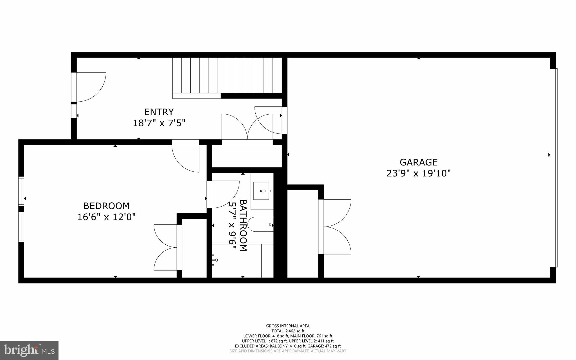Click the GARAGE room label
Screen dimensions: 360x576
pos(418,162)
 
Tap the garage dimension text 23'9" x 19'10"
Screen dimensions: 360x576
pos(418,173)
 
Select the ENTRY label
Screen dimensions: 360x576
pos(159,112)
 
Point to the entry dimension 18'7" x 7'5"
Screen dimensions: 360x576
pos(159,123)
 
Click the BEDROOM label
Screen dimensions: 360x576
pos(106,206)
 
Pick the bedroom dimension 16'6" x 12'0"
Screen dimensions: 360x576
pos(106,217)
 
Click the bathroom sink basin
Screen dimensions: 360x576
pos(262,191)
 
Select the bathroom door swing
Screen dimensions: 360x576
pos(223,194)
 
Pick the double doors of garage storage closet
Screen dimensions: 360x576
pos(336,227)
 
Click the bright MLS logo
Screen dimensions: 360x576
pos(29,350)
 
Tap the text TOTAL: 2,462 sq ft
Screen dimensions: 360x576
pos(288,331)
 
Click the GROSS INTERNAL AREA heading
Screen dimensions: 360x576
pos(288,326)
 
